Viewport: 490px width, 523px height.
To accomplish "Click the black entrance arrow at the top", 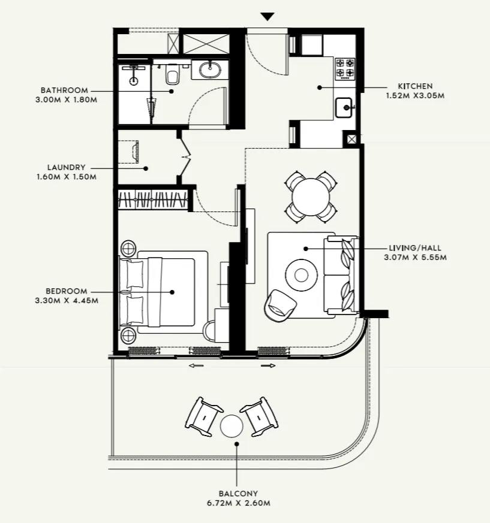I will pos(267,17).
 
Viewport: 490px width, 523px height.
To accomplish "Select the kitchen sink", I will pos(345,108).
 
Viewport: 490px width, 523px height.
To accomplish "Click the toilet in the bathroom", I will pos(172,74).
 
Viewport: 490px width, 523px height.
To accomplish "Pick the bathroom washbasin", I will pos(210,69).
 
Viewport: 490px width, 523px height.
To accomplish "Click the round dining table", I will pos(310,195).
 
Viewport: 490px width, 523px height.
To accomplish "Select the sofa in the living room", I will pos(342,275).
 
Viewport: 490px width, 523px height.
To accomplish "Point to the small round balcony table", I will pos(232,427).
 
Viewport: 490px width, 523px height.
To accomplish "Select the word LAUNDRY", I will pos(66,168).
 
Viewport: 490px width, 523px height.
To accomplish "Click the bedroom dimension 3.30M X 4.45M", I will pos(66,301).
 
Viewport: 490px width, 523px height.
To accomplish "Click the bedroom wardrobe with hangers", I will pos(153,199).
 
